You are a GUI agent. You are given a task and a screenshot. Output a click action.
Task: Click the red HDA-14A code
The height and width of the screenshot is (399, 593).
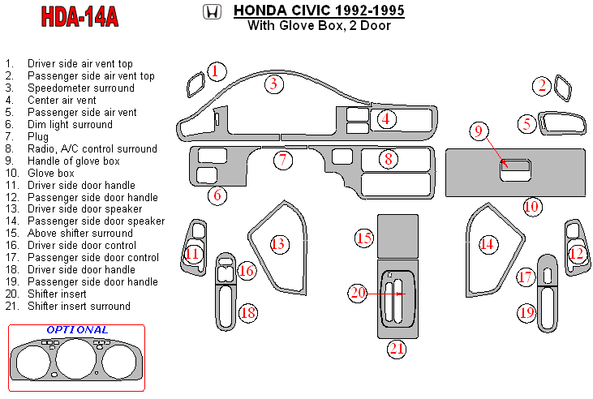(79, 17)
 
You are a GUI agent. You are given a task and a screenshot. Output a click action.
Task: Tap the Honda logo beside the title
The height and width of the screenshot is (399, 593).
(211, 12)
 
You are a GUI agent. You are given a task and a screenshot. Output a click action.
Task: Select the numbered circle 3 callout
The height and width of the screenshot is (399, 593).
(274, 83)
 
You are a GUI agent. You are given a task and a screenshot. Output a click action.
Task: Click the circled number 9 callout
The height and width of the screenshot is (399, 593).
(479, 131)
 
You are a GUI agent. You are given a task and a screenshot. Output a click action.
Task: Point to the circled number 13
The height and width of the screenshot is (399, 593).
(278, 243)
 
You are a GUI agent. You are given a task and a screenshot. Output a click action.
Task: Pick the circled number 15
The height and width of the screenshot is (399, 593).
(364, 238)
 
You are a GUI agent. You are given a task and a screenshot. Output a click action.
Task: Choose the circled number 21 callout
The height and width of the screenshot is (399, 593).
(396, 349)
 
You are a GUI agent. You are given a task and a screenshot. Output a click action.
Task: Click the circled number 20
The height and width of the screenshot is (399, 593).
(358, 293)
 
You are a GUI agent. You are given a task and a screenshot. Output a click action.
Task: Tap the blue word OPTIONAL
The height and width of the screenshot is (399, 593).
(77, 330)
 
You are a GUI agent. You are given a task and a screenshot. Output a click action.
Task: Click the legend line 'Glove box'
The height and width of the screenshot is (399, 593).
(50, 173)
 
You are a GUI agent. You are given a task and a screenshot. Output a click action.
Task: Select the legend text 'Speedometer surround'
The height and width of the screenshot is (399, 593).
(80, 88)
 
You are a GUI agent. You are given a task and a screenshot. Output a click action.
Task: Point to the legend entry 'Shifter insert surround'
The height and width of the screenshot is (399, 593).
(79, 307)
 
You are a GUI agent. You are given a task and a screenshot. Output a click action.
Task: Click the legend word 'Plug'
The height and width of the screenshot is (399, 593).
(38, 136)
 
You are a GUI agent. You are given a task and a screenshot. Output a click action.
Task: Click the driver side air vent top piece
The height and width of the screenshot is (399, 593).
(195, 83)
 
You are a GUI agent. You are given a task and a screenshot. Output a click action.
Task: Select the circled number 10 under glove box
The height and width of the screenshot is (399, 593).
(531, 206)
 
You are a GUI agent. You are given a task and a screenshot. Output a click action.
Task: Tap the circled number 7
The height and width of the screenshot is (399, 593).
(282, 160)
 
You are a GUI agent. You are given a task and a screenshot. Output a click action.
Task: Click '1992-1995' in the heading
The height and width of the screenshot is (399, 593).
(364, 11)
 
